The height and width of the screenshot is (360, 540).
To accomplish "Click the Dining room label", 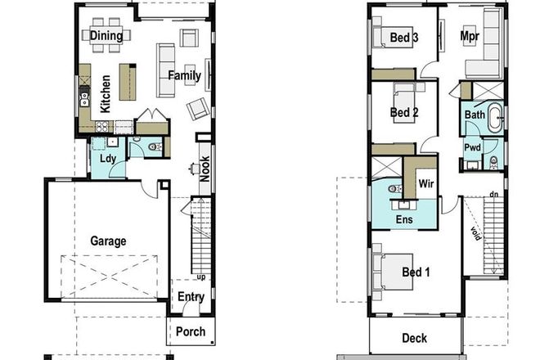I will coord(106,35).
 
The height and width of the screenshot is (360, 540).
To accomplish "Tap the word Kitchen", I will coord(106,94).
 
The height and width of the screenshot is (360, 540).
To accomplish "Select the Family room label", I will coord(185,76).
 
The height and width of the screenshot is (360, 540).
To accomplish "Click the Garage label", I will coord(108,241).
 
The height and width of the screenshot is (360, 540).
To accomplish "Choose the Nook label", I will coord(205,167).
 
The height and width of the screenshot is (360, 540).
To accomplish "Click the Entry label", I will coord(191,297).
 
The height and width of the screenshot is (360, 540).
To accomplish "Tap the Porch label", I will coord(191,331).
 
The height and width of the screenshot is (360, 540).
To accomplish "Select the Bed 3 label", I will coord(404,38).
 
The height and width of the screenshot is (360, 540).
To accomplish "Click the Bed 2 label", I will coord(404,112).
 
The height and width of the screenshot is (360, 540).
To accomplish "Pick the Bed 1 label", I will coord(416,272).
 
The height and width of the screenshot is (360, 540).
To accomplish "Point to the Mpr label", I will coord(469,38).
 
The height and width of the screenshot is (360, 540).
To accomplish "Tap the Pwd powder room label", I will coord(472,148).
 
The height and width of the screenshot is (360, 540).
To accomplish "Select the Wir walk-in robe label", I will coord(426,185).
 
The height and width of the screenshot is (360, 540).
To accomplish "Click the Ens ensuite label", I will coord(404,219).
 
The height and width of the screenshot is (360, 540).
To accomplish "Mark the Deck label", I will coord(415,338).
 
